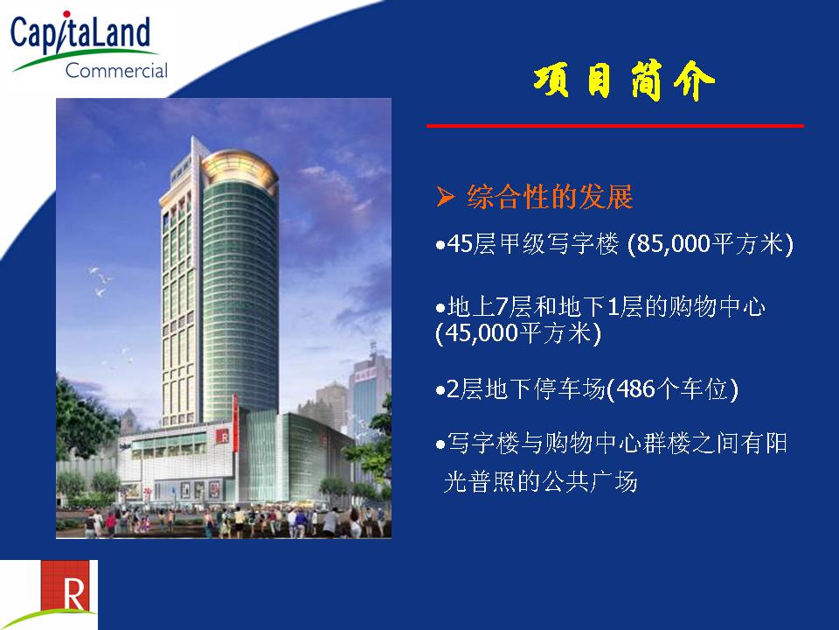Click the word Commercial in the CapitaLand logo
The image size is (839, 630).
point(116,70)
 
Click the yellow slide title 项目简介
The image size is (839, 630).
point(623,81)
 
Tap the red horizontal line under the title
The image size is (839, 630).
point(614,126)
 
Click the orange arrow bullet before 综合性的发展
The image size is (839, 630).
point(445,197)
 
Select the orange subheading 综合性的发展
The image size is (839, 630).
point(550,197)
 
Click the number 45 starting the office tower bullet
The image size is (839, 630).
point(459,244)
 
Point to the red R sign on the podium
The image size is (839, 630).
point(223,436)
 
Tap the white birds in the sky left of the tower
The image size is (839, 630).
point(101,281)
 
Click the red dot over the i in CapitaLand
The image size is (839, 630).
point(66,15)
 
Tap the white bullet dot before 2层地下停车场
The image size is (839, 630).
point(440,390)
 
